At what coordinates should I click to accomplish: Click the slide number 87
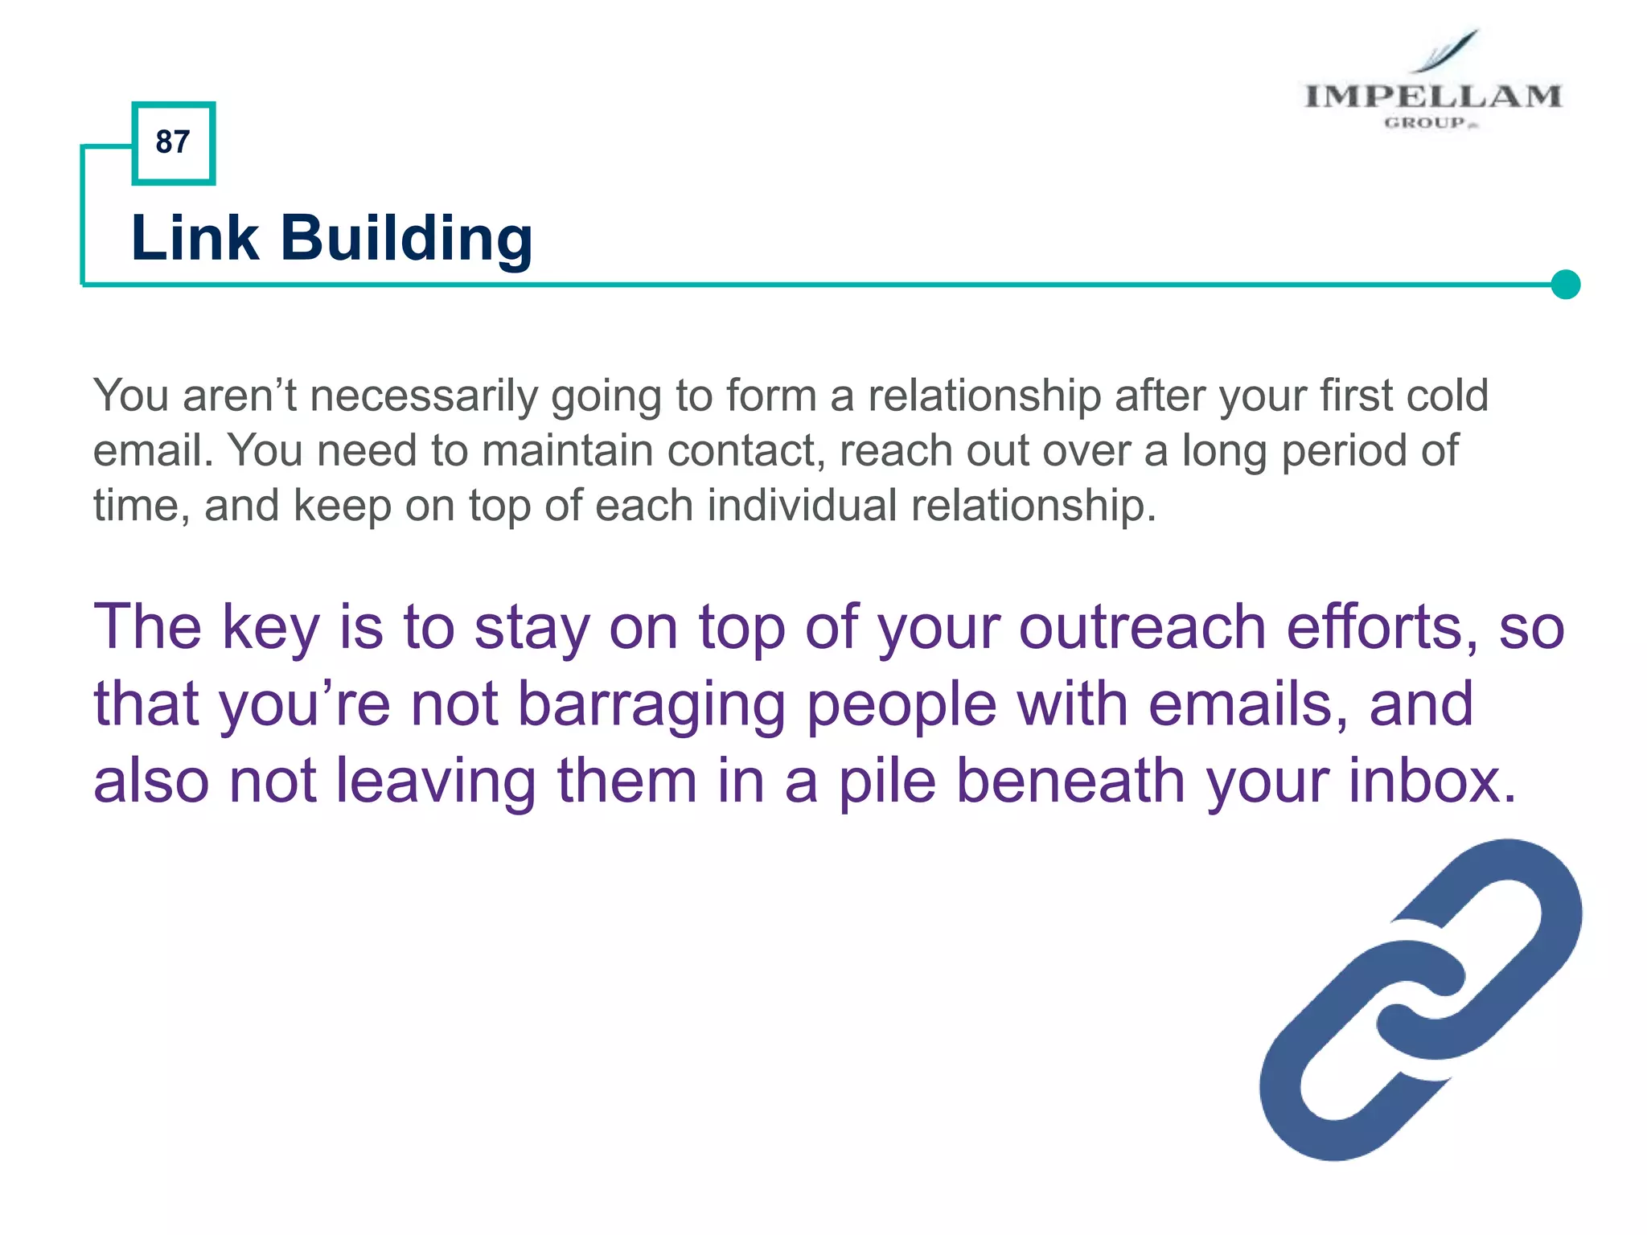coord(173,142)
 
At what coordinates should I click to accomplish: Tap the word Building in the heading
coord(406,240)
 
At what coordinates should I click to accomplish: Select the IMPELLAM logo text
coord(1432,96)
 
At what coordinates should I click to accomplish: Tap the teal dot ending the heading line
coord(1565,284)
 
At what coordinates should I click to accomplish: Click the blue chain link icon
coord(1419,999)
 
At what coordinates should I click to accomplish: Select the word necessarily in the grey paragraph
coord(424,396)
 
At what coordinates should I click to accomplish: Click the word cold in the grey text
coord(1447,395)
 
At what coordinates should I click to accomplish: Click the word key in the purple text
coord(271,628)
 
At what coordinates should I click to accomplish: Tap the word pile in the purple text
coord(888,782)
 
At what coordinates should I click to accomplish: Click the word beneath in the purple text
coord(1070,781)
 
